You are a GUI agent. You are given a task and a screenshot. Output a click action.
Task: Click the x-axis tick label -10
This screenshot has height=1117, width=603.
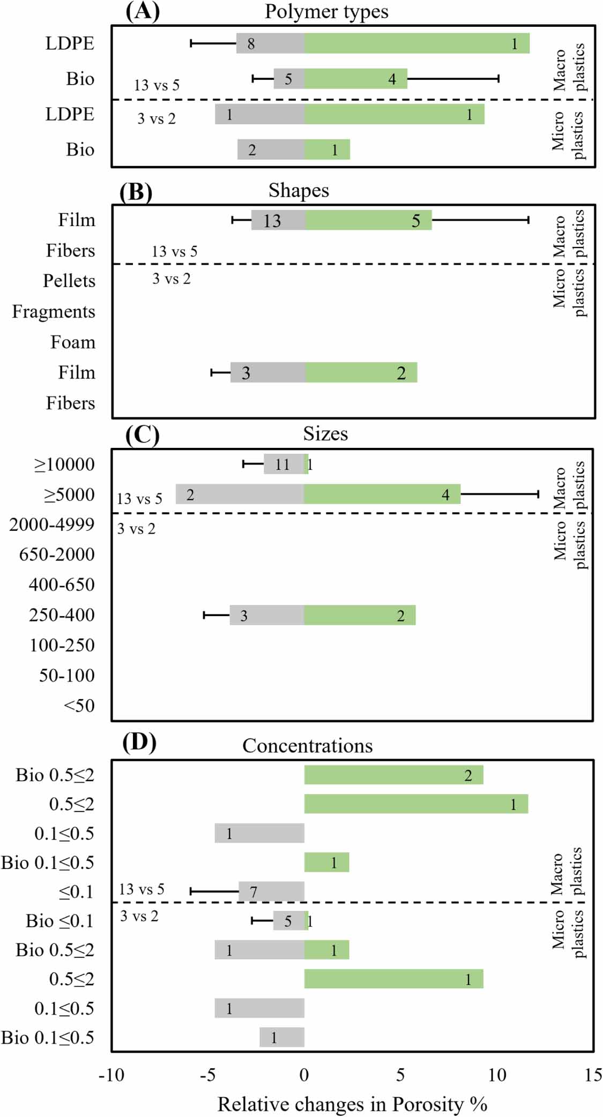pyautogui.click(x=111, y=1075)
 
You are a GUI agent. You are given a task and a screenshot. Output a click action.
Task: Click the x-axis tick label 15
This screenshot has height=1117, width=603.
pyautogui.click(x=592, y=1075)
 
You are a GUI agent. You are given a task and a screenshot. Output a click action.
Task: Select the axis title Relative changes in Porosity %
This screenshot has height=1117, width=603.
pyautogui.click(x=352, y=1104)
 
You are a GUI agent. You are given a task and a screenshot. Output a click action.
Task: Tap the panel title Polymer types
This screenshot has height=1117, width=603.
pyautogui.click(x=326, y=12)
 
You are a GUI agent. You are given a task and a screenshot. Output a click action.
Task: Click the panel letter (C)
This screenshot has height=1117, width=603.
pyautogui.click(x=142, y=434)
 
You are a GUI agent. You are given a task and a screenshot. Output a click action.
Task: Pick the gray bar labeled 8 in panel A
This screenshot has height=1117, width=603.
pyautogui.click(x=270, y=43)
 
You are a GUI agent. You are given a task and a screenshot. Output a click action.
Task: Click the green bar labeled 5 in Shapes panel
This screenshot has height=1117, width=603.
pyautogui.click(x=368, y=220)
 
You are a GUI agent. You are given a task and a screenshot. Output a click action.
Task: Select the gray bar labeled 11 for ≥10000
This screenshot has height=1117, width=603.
pyautogui.click(x=284, y=464)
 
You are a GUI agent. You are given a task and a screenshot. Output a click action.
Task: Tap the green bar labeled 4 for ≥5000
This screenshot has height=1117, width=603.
pyautogui.click(x=382, y=494)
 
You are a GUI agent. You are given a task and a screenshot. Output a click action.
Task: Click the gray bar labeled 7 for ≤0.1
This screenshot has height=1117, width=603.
pyautogui.click(x=271, y=891)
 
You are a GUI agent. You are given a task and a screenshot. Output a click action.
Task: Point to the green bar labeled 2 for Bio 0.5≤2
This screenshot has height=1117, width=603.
pyautogui.click(x=393, y=775)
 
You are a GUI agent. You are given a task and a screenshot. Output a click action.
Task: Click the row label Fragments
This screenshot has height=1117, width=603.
pyautogui.click(x=54, y=311)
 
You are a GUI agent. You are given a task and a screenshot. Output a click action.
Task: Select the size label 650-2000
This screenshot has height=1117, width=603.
pyautogui.click(x=57, y=554)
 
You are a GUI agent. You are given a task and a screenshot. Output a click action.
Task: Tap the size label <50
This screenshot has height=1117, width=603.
pyautogui.click(x=79, y=706)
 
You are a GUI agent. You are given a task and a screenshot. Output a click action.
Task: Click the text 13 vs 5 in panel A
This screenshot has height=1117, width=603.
pyautogui.click(x=157, y=85)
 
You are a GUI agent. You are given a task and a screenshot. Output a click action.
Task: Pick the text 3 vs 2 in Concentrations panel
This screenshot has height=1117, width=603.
pyautogui.click(x=139, y=916)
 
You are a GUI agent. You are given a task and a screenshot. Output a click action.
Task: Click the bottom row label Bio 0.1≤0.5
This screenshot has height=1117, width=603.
pyautogui.click(x=47, y=1037)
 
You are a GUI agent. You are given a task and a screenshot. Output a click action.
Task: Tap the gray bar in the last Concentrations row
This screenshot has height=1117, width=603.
pyautogui.click(x=282, y=1037)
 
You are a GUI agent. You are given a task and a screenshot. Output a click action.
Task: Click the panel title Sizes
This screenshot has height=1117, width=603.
pyautogui.click(x=325, y=433)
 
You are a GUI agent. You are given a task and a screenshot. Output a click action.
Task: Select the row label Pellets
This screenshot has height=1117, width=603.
pyautogui.click(x=69, y=281)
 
